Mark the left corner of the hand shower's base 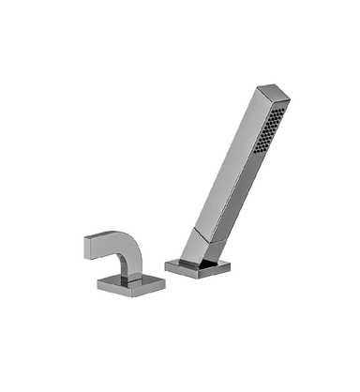(166, 265)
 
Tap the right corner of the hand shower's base (231, 268)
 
